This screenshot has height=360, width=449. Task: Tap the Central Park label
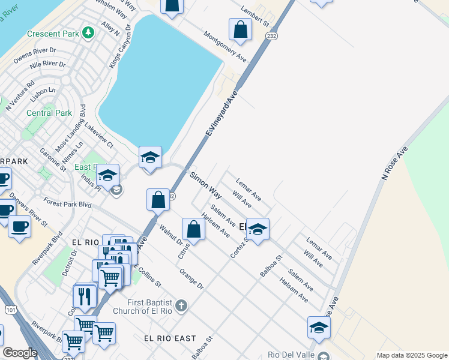point(49,113)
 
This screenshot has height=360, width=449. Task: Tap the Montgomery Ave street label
point(225,47)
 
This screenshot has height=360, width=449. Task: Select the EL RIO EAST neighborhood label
point(170,339)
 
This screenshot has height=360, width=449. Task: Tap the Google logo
point(20,353)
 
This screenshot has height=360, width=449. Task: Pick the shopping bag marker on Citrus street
point(193,229)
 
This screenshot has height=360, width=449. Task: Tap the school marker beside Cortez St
point(258,229)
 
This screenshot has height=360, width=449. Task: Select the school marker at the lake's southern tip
point(150,158)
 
